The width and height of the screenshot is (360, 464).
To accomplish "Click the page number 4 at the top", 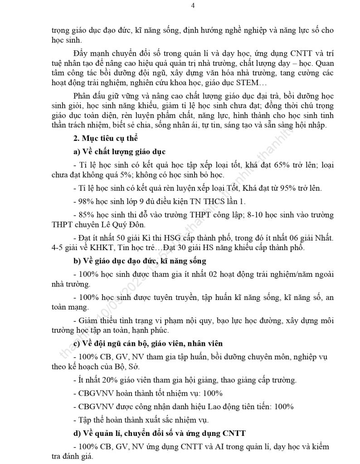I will pos(180,5).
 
